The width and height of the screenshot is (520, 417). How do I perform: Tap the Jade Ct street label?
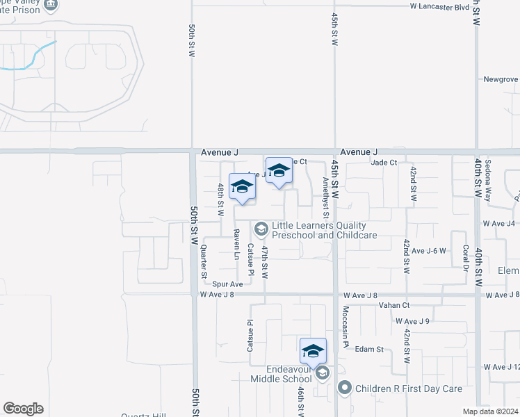384,163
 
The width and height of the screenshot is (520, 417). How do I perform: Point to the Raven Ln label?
236,244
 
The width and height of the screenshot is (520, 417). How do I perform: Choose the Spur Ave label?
227,284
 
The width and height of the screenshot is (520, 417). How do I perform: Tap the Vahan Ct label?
394,305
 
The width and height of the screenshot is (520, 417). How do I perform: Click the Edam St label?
369,349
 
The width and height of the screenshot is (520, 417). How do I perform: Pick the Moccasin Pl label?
345,329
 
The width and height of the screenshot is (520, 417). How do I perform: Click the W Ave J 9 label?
413,321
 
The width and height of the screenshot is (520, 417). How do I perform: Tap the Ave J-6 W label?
428,250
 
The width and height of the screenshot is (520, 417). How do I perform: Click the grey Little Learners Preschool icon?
261,229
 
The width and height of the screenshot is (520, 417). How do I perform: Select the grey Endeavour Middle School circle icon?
322,374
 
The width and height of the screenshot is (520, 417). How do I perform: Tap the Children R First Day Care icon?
343,386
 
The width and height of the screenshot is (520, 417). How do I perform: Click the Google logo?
23,409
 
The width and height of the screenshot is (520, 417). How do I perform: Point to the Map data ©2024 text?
490,411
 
